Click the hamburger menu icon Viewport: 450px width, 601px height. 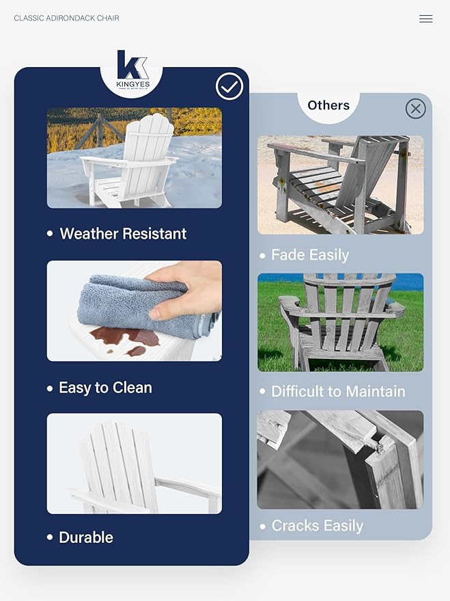pyautogui.click(x=425, y=19)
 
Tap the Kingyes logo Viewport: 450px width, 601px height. pyautogui.click(x=132, y=70)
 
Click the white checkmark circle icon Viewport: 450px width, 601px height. pyautogui.click(x=229, y=87)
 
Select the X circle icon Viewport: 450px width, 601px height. pyautogui.click(x=415, y=109)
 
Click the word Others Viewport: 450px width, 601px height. pyautogui.click(x=328, y=105)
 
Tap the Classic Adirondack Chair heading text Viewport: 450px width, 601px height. pyautogui.click(x=66, y=18)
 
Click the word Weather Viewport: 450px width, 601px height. pyautogui.click(x=89, y=234)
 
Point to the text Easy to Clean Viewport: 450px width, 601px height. pyautogui.click(x=105, y=388)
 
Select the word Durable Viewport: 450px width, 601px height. pyautogui.click(x=86, y=537)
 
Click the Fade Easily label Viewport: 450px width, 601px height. pyautogui.click(x=310, y=255)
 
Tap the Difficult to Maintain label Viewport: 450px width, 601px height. pyautogui.click(x=338, y=392)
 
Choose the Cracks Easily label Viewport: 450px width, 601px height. pyautogui.click(x=317, y=526)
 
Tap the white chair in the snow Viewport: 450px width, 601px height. pyautogui.click(x=133, y=161)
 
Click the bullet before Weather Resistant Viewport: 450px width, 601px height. pyautogui.click(x=50, y=234)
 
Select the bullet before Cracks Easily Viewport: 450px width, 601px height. pyautogui.click(x=263, y=526)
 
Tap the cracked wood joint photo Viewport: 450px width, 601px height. pyautogui.click(x=340, y=459)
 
